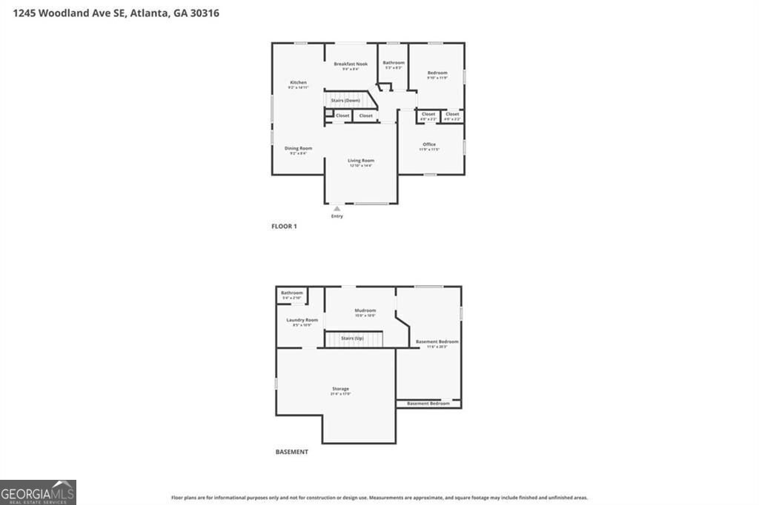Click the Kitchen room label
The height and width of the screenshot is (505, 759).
tap(298, 82)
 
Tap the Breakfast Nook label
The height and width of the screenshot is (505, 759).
tap(351, 64)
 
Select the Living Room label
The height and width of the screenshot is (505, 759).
tap(361, 161)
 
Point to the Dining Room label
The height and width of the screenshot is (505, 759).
tap(298, 148)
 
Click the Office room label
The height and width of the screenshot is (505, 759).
tap(429, 144)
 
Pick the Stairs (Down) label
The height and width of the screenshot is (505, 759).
tap(345, 100)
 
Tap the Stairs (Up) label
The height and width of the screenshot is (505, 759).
tap(352, 338)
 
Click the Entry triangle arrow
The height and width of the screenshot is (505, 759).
tap(337, 209)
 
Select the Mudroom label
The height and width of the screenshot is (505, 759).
tap(365, 310)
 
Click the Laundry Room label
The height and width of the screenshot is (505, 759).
tap(302, 320)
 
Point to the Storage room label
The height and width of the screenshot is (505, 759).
tap(340, 389)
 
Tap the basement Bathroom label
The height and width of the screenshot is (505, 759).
tap(291, 293)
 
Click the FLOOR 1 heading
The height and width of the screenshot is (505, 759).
tap(284, 227)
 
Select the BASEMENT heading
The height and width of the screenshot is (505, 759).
tap(291, 452)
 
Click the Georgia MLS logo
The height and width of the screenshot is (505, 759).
tap(38, 492)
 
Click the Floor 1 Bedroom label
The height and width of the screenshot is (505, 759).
tap(437, 73)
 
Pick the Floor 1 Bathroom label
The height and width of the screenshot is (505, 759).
tap(394, 63)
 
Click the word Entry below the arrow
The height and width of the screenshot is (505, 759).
tap(337, 216)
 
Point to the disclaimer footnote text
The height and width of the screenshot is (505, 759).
tap(379, 498)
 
